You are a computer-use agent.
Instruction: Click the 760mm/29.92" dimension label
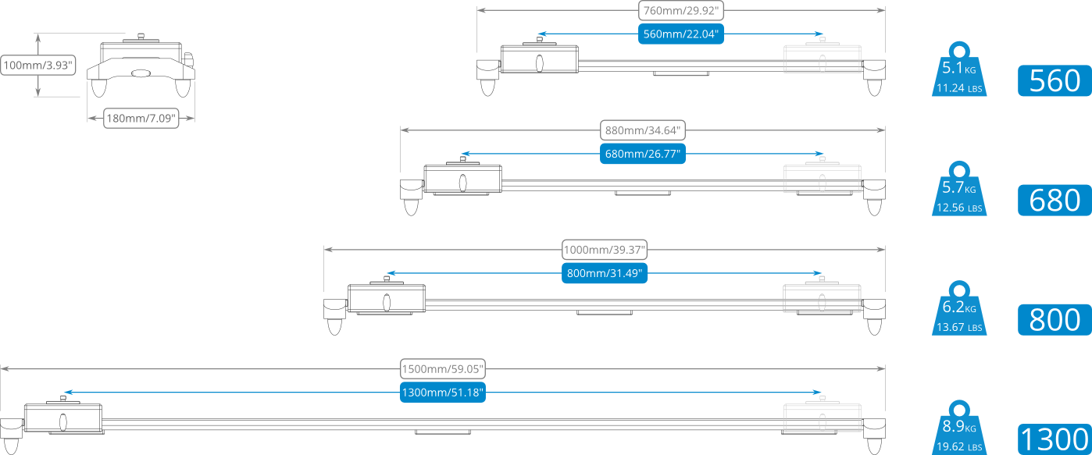click(x=680, y=11)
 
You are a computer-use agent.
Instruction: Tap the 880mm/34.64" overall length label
click(x=643, y=130)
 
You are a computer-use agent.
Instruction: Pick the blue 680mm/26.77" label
click(x=643, y=154)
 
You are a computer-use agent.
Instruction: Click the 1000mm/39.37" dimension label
click(x=605, y=250)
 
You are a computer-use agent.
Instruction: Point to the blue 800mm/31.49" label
click(x=605, y=273)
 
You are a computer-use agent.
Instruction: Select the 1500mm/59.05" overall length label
click(x=443, y=368)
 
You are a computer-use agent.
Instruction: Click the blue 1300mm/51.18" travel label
click(x=443, y=393)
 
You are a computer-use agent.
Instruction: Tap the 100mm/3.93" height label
click(x=38, y=66)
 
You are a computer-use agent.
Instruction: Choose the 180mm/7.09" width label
click(x=141, y=119)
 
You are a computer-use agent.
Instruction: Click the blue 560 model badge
click(x=1054, y=81)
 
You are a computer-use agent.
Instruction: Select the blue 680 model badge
click(x=1054, y=201)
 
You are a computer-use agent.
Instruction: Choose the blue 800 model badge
click(x=1054, y=319)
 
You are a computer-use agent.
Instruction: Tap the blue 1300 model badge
click(x=1054, y=439)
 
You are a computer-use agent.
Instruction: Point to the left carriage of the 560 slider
click(x=539, y=60)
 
